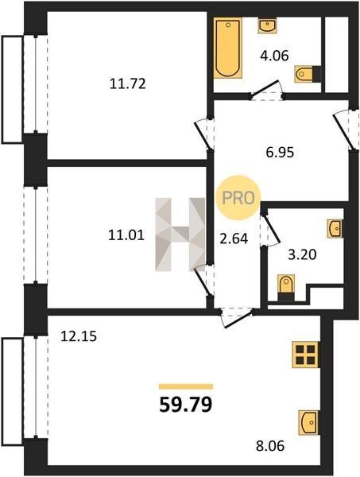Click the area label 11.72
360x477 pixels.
[x=128, y=83]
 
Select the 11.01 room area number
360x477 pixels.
[x=126, y=235]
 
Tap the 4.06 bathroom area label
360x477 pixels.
[x=274, y=56]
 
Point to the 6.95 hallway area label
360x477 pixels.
[x=280, y=152]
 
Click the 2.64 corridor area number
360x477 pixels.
[x=234, y=238]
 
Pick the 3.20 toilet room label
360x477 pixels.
[x=302, y=254]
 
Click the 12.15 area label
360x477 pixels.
[x=79, y=336]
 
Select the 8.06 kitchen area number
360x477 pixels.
[x=270, y=446]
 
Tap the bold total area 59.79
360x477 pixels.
[x=185, y=405]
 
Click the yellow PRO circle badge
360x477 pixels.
[x=238, y=198]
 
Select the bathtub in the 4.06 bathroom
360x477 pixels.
[x=228, y=48]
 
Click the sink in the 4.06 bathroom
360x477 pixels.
[x=267, y=26]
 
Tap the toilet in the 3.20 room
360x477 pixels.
[x=286, y=287]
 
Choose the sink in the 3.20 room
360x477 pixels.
[x=335, y=228]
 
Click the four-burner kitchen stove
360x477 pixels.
[x=306, y=355]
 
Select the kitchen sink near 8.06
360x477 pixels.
[x=308, y=422]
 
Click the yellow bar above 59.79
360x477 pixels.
[x=186, y=386]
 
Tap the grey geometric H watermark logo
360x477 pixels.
[x=180, y=235]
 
